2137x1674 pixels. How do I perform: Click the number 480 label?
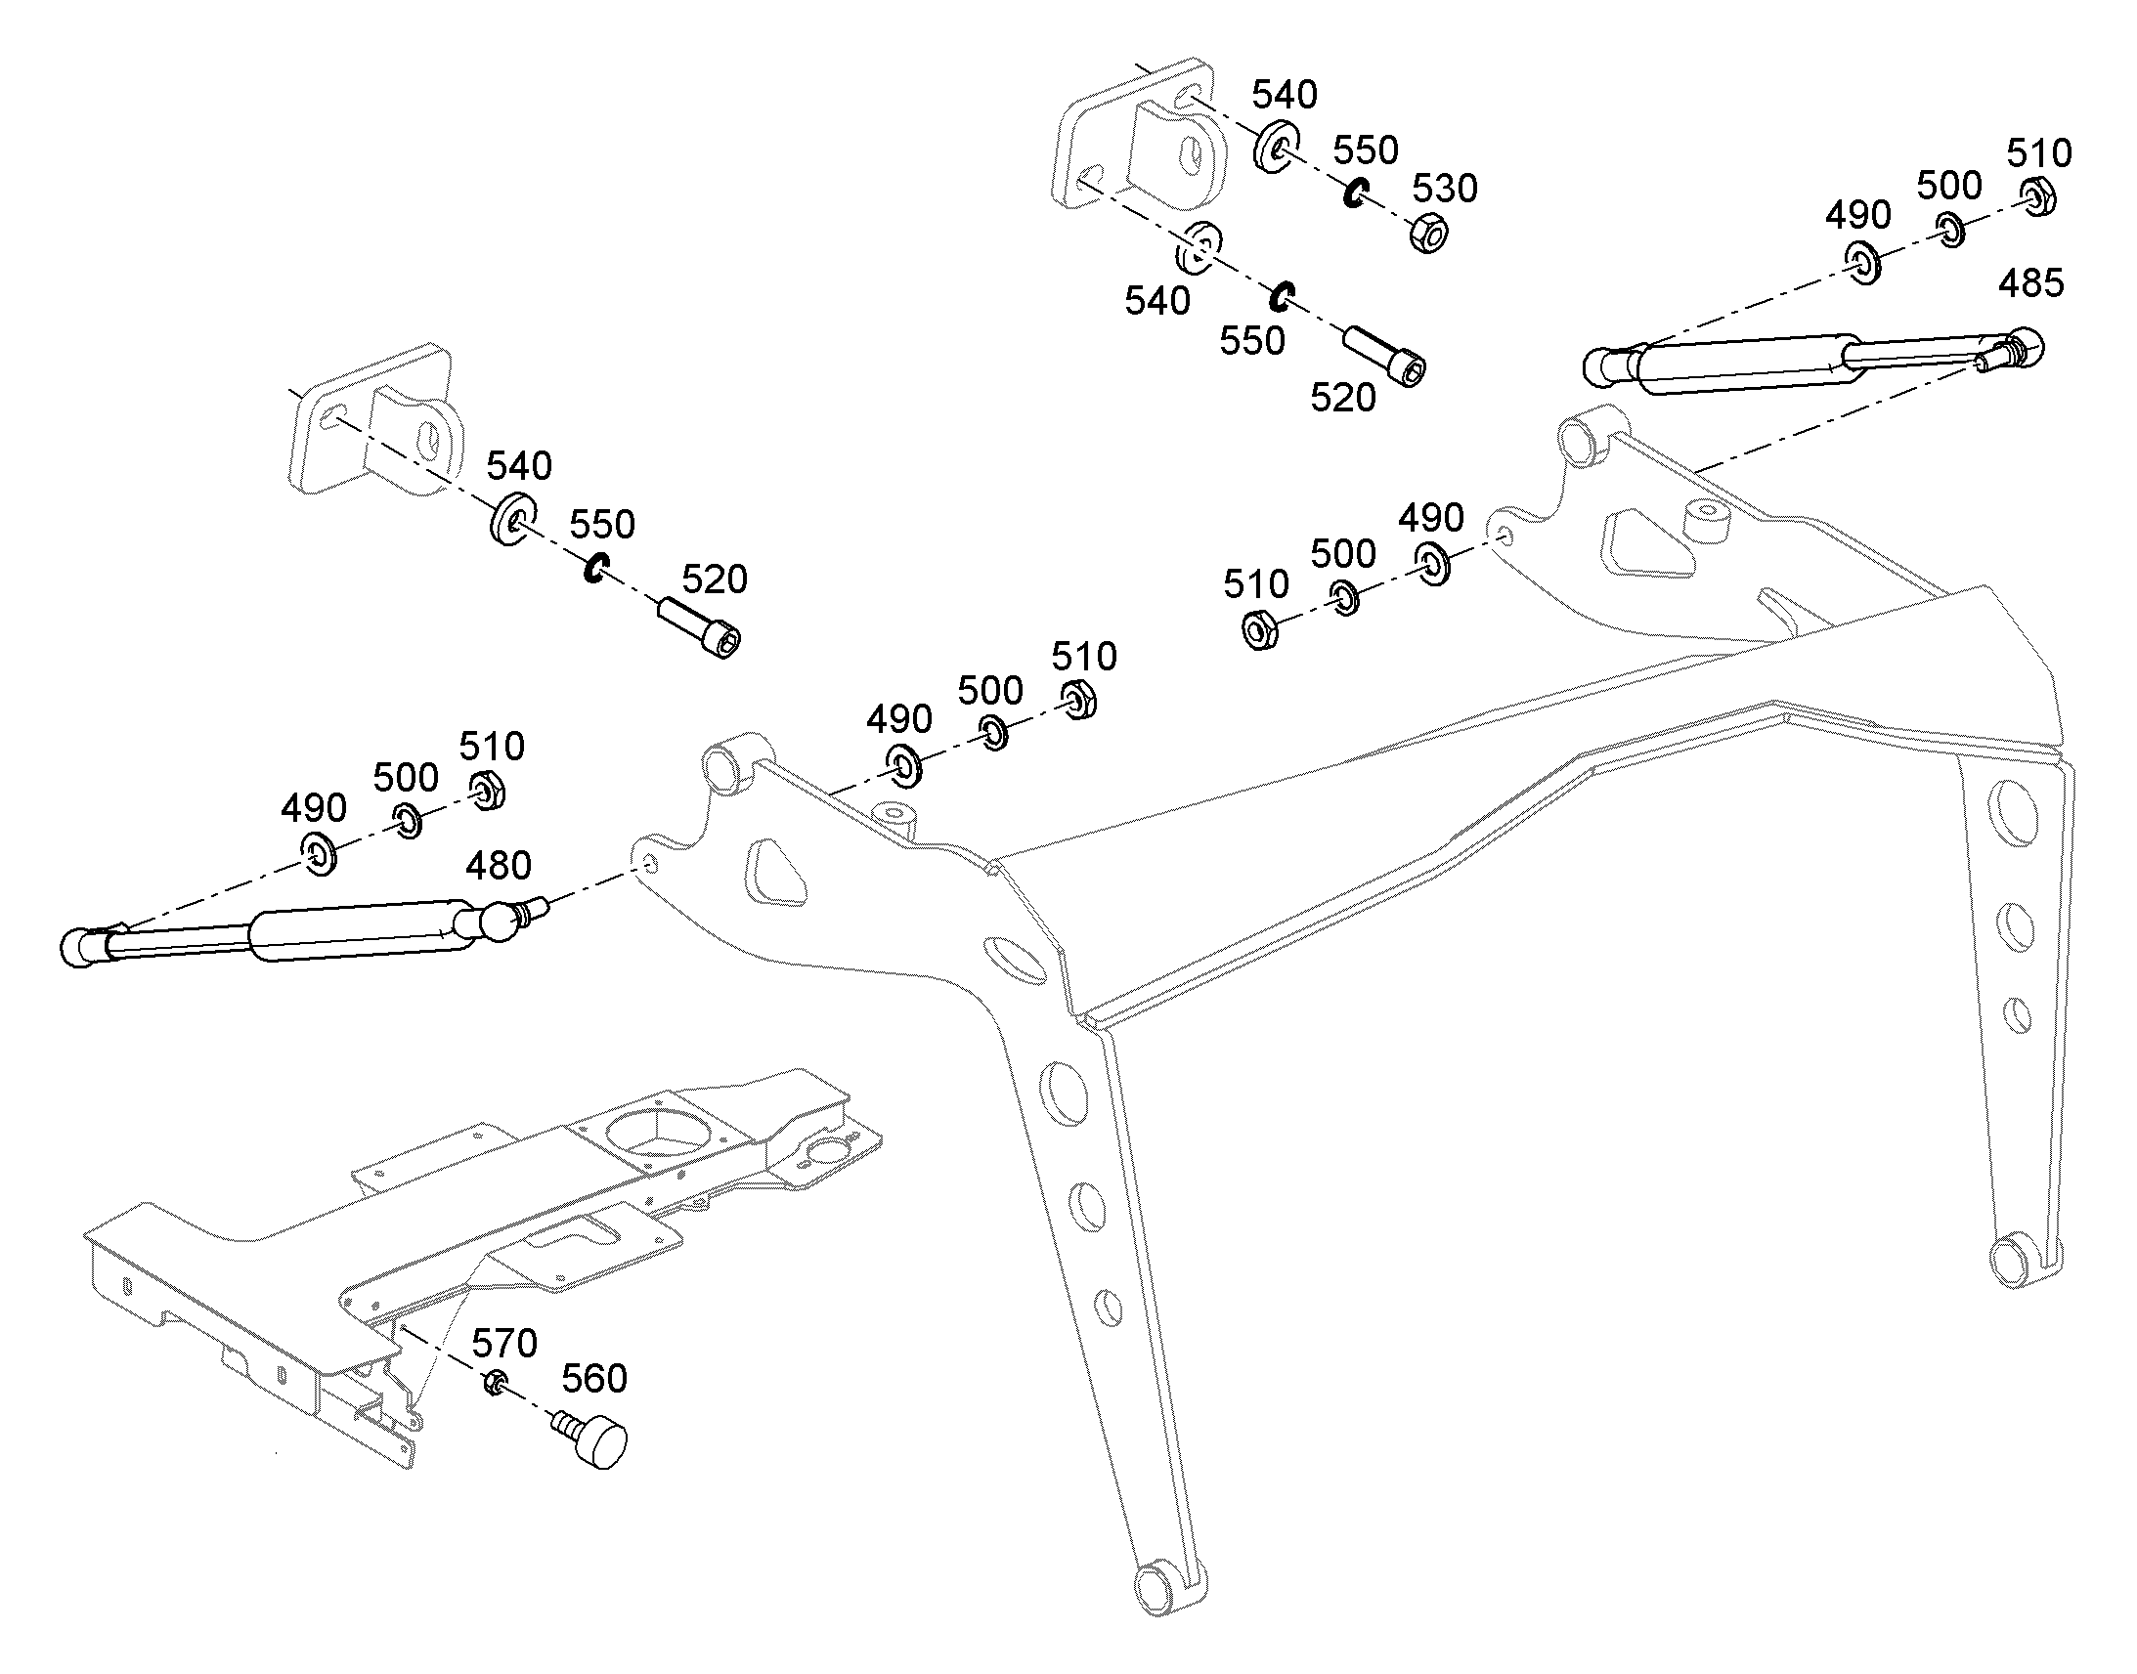coord(498,866)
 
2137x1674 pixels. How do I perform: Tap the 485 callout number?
coord(2031,283)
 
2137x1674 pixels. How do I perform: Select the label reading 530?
coord(1445,189)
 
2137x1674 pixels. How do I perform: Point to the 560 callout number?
coord(594,1379)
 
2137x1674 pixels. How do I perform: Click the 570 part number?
coord(504,1343)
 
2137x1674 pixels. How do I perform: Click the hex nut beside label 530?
coord(1430,234)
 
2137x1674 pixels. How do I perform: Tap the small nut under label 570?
coord(495,1383)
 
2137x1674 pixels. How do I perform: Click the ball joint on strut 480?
coord(501,923)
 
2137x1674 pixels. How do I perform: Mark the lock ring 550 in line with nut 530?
coord(1357,193)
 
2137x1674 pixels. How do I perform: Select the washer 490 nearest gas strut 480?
coord(320,855)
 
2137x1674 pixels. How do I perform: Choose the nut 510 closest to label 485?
coord(2039,196)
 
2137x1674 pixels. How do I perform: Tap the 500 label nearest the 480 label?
coord(405,778)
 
